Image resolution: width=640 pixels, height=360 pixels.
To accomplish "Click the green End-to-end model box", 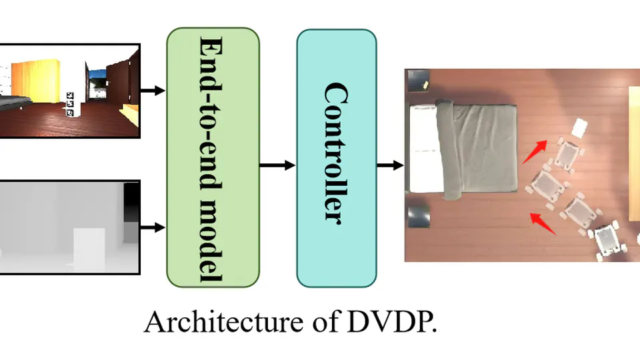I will (213, 157).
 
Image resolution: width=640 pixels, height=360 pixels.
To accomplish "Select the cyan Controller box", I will (336, 157).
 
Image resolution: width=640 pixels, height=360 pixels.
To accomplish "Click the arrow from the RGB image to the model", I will (153, 90).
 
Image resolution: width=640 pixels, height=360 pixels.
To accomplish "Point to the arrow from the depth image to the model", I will (153, 227).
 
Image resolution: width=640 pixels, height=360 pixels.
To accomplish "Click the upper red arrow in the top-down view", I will (535, 151).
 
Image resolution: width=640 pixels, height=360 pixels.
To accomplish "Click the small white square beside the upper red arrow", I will (579, 127).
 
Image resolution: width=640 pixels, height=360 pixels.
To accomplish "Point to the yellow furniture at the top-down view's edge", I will (634, 153).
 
